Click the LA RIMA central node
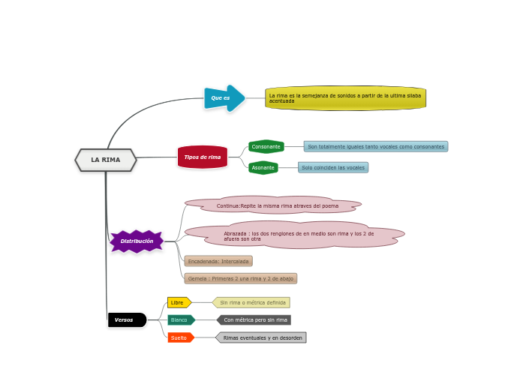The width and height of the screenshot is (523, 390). tap(106, 160)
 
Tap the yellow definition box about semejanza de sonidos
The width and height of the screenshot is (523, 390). tap(345, 98)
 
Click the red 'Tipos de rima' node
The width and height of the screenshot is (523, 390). tap(203, 157)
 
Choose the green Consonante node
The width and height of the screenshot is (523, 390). tap(266, 146)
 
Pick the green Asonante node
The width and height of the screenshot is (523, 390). tap(263, 167)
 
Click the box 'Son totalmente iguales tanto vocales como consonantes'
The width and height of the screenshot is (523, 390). tap(375, 146)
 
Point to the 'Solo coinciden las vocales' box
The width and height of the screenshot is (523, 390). tap(333, 167)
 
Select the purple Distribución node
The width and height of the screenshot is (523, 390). tap(137, 241)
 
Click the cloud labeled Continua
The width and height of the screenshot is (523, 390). tap(277, 205)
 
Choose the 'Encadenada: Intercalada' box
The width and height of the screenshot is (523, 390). tap(218, 261)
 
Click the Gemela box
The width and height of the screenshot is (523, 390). tap(241, 278)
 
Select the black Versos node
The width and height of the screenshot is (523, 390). tap(126, 320)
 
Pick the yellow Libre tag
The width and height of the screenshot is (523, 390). tap(179, 302)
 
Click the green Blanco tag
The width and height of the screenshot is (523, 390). tap(180, 319)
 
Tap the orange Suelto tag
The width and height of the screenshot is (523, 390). tap(180, 337)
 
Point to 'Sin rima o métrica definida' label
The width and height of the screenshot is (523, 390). tap(251, 302)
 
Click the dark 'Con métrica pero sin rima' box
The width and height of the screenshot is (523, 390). tap(254, 319)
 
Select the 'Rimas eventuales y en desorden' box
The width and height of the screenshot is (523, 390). tap(262, 337)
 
